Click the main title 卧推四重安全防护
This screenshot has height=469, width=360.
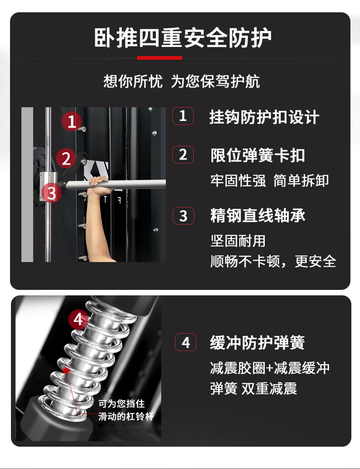tap(183, 38)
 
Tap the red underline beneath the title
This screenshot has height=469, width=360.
tap(159, 58)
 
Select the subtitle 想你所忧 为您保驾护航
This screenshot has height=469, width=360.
tap(181, 81)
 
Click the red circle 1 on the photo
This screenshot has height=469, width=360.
tap(72, 121)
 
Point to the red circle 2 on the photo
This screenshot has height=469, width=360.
tap(67, 158)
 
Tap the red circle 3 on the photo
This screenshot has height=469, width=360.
tap(51, 193)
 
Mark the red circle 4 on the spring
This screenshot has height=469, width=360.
tap(78, 319)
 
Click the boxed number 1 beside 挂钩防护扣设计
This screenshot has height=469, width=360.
tap(183, 116)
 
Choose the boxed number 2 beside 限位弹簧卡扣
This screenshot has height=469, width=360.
tap(183, 155)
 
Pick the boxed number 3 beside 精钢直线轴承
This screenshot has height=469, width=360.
tap(183, 216)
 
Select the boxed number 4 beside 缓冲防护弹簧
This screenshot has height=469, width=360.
tap(185, 342)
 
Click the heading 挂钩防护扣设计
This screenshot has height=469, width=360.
tap(264, 117)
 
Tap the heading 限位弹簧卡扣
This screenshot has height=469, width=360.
tap(257, 155)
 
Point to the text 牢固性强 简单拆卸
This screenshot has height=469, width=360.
tap(269, 180)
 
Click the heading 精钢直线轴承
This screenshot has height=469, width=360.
tap(258, 216)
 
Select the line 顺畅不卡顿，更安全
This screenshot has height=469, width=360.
tap(273, 262)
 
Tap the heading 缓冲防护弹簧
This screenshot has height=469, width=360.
tap(257, 343)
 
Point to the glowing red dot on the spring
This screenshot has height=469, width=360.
tap(66, 371)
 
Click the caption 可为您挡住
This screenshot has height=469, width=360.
tap(121, 404)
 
